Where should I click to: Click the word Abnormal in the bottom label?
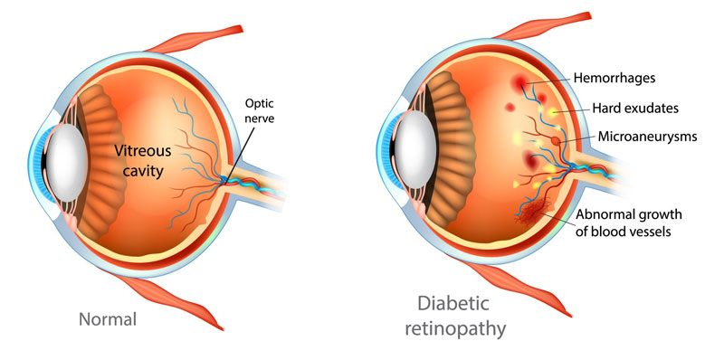pos(613,214)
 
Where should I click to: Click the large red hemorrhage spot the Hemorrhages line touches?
pos(521,85)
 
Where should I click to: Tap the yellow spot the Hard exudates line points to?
pos(551,110)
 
